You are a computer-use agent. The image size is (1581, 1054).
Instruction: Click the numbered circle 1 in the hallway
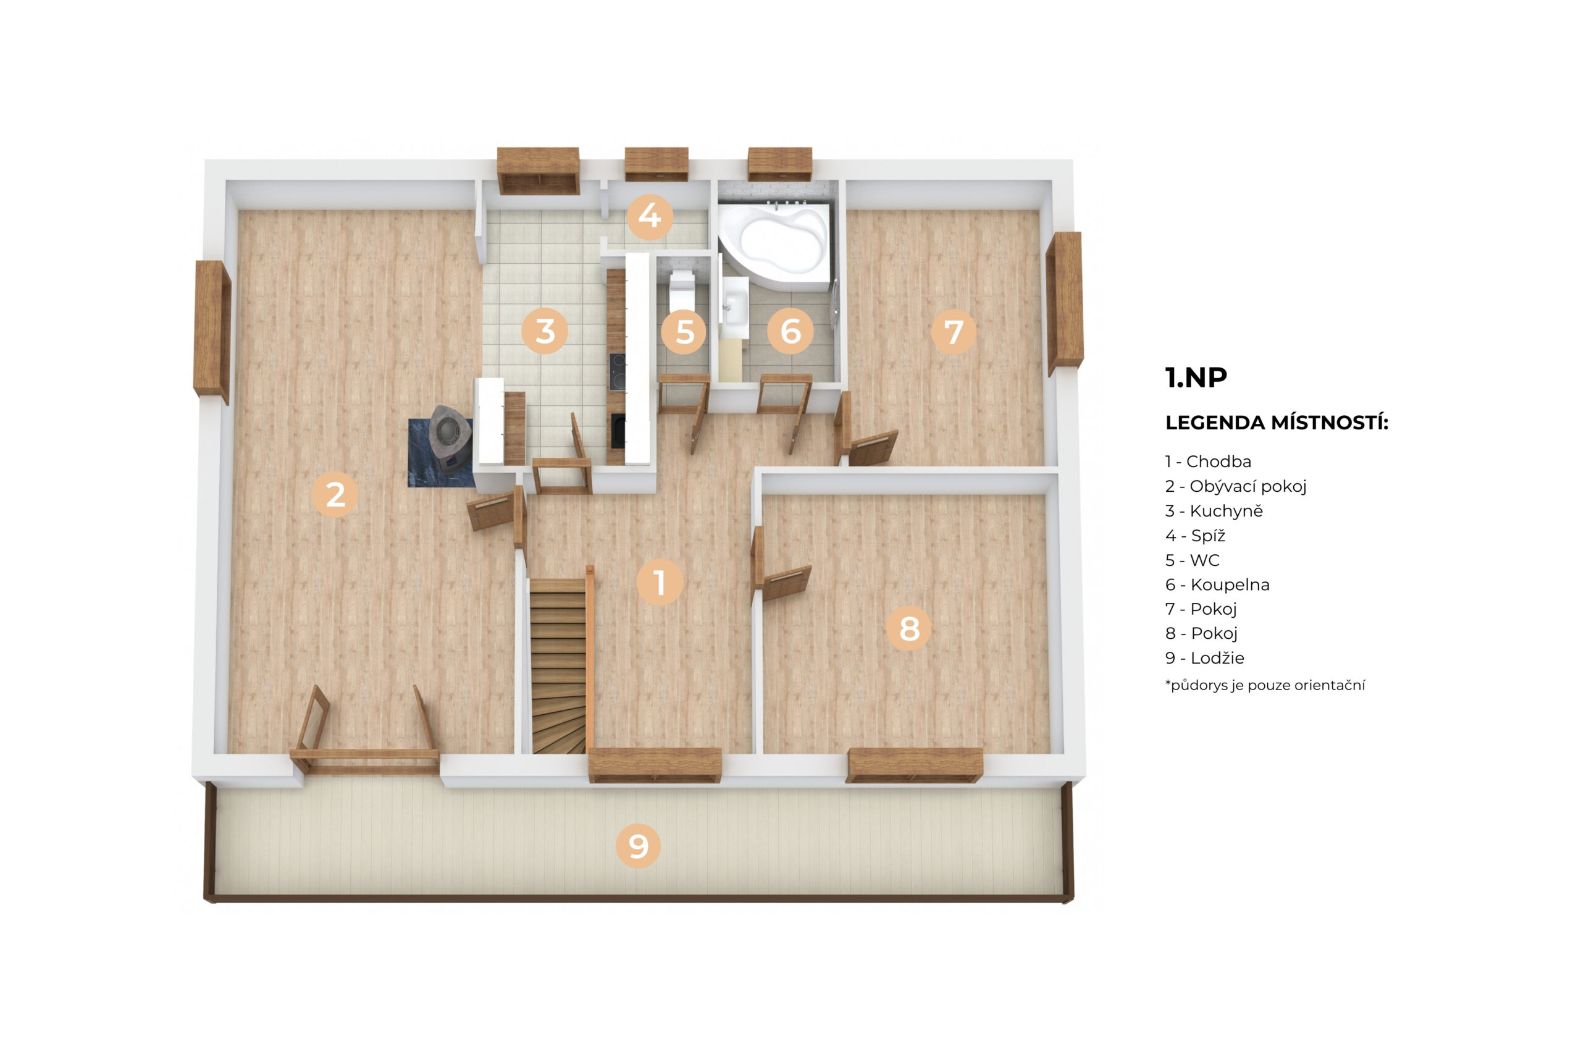[x=659, y=581]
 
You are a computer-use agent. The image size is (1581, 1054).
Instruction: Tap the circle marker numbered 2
[x=335, y=495]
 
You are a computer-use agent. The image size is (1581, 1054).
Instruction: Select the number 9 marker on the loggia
[x=637, y=846]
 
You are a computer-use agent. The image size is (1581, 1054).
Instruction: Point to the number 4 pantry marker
[x=649, y=216]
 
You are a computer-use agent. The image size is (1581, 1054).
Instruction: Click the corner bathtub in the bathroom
[x=774, y=246]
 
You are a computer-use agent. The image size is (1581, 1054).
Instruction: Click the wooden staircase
[x=558, y=665]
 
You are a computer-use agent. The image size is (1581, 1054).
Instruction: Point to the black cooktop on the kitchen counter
[x=617, y=372]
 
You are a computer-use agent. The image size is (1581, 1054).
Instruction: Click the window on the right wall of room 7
[x=1064, y=303]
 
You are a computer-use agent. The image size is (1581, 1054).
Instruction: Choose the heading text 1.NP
[x=1196, y=377]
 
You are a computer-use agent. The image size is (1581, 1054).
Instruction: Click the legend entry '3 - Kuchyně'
[x=1214, y=511]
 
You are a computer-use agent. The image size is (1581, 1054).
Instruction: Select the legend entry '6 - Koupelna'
[x=1217, y=585]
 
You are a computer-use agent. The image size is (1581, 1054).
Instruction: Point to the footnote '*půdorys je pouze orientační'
[x=1265, y=686]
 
